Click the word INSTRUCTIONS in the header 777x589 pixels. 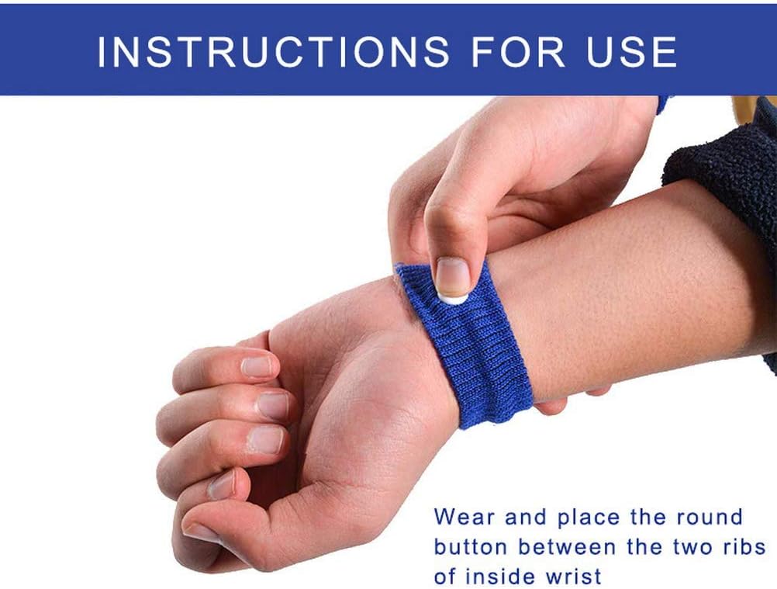[273, 51]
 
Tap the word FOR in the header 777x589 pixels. [518, 51]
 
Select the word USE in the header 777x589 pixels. [632, 51]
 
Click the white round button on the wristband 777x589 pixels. [453, 298]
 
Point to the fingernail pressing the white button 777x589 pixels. [452, 275]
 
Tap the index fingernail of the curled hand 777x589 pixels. [257, 367]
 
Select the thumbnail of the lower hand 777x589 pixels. [203, 533]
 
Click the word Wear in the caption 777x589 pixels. [464, 517]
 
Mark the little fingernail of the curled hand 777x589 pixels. [221, 485]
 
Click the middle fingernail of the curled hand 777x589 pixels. [272, 406]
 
